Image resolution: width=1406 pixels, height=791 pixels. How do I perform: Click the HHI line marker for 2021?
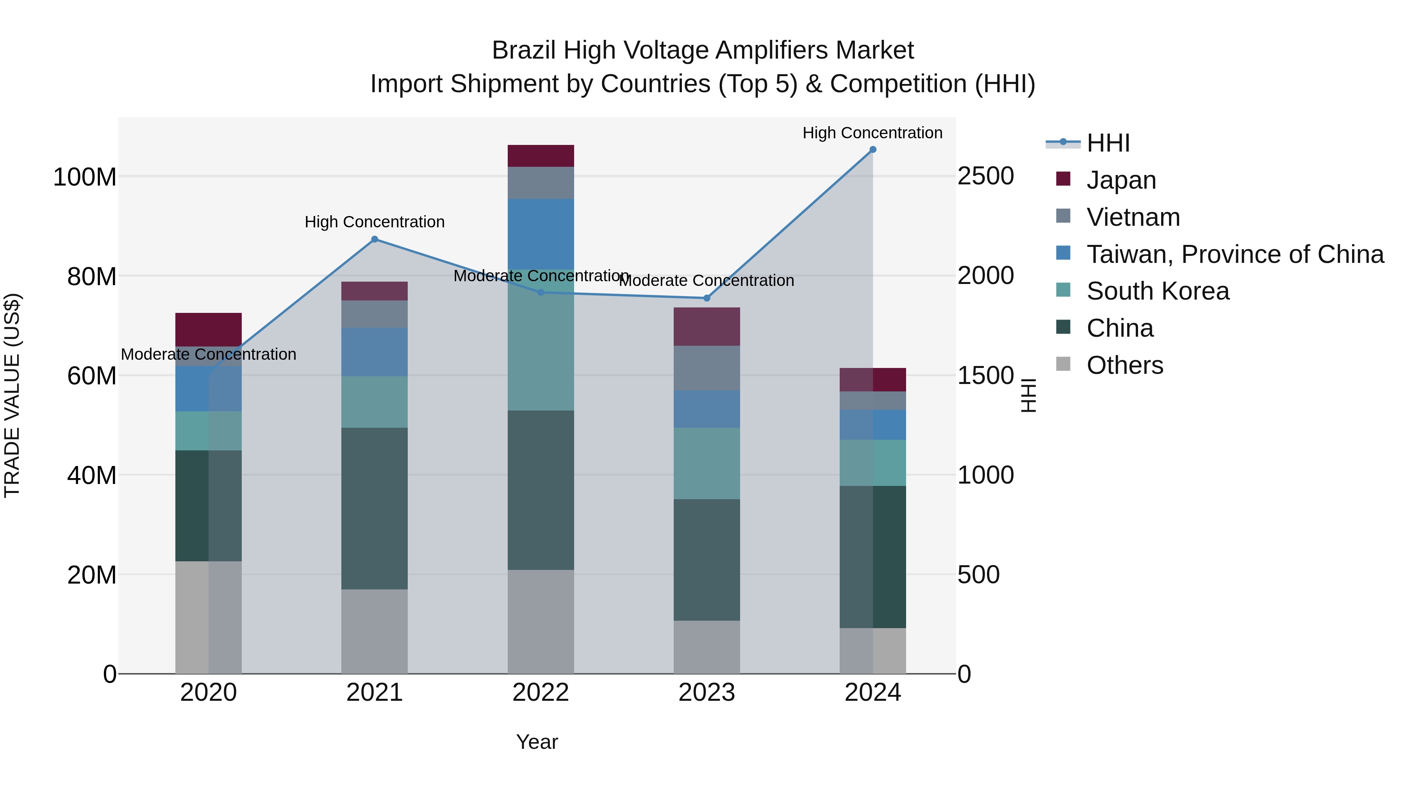pyautogui.click(x=375, y=239)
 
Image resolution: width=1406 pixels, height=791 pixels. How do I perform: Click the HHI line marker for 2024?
pyautogui.click(x=873, y=150)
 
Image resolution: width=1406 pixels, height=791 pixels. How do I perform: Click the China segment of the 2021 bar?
pyautogui.click(x=375, y=508)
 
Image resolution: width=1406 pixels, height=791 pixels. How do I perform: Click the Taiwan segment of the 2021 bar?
pyautogui.click(x=375, y=352)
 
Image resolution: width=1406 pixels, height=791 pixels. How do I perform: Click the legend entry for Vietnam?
pyautogui.click(x=1133, y=217)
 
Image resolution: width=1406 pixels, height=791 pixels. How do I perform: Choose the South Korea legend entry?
pyautogui.click(x=1157, y=291)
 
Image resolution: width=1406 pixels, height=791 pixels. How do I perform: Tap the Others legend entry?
pyautogui.click(x=1124, y=365)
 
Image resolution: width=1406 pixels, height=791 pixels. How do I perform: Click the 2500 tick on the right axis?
pyautogui.click(x=986, y=176)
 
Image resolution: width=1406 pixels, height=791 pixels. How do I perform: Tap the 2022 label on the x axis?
pyautogui.click(x=541, y=693)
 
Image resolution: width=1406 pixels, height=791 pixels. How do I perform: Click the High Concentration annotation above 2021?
pyautogui.click(x=375, y=222)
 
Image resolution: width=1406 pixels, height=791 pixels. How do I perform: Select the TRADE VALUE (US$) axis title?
pyautogui.click(x=12, y=395)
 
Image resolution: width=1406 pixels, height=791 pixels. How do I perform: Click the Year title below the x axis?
pyautogui.click(x=537, y=742)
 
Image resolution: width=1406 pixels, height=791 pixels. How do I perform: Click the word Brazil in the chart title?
pyautogui.click(x=525, y=50)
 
